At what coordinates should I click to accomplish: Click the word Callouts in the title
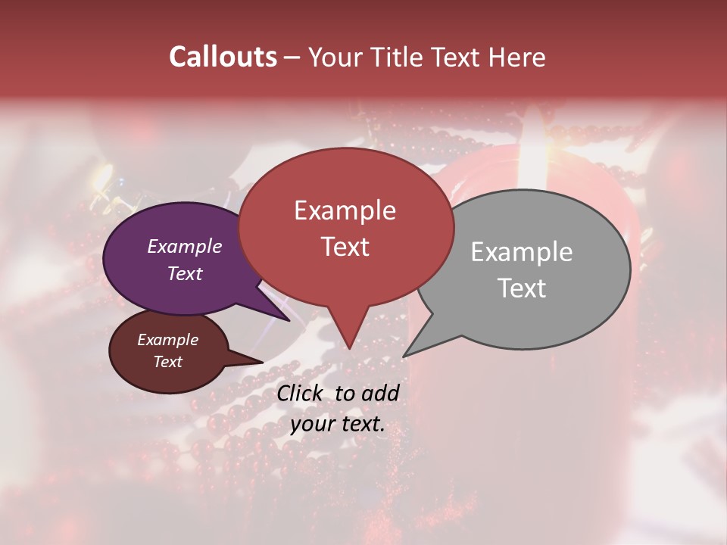coord(223,57)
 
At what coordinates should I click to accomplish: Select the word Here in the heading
coord(514,57)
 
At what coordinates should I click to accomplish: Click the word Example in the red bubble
coord(345,210)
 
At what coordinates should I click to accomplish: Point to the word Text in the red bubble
coord(345,247)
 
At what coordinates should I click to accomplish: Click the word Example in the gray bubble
coord(521,252)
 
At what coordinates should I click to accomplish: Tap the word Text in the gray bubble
coord(522,288)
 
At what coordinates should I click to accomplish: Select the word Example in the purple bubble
coord(185,246)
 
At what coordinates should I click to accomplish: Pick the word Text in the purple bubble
coord(185,273)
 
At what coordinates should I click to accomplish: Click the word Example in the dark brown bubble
coord(167,340)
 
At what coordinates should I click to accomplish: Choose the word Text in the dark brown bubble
coord(167,362)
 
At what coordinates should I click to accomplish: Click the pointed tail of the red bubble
coord(348,344)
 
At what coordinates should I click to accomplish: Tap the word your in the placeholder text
coord(310,424)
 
